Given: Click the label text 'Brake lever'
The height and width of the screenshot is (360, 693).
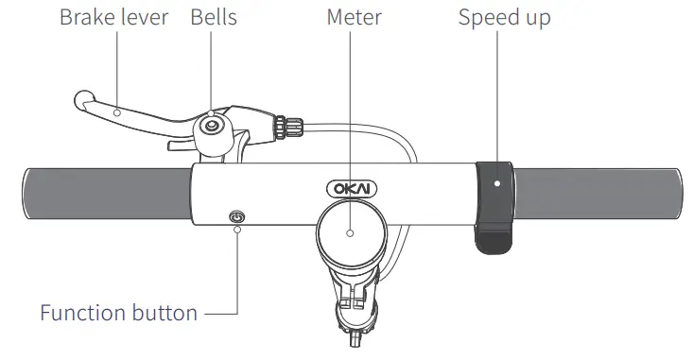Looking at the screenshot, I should coord(115,18).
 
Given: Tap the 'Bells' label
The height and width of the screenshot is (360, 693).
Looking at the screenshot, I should coord(213,18).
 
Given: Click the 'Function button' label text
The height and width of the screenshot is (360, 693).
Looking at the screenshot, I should coord(118,313).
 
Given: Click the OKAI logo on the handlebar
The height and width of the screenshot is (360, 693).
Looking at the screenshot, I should coord(351,188).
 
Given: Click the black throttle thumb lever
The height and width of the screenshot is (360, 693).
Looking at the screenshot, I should coord(494,208).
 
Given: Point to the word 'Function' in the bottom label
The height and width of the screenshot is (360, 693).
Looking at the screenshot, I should coord(81,313).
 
